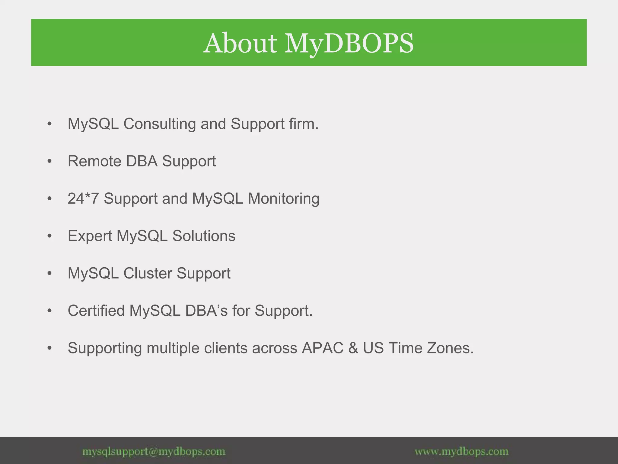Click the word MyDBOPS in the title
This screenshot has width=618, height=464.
point(349,43)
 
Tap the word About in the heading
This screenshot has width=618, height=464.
point(240,43)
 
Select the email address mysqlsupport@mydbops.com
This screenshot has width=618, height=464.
point(154,452)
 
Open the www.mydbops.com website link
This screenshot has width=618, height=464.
point(461,452)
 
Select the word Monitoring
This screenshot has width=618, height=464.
point(283,199)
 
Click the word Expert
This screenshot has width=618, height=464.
point(90,236)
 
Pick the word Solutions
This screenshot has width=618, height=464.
point(204,236)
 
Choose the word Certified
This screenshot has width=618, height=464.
point(96,311)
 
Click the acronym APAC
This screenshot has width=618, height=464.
point(322,348)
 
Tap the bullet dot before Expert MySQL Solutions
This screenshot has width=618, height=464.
point(50,236)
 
